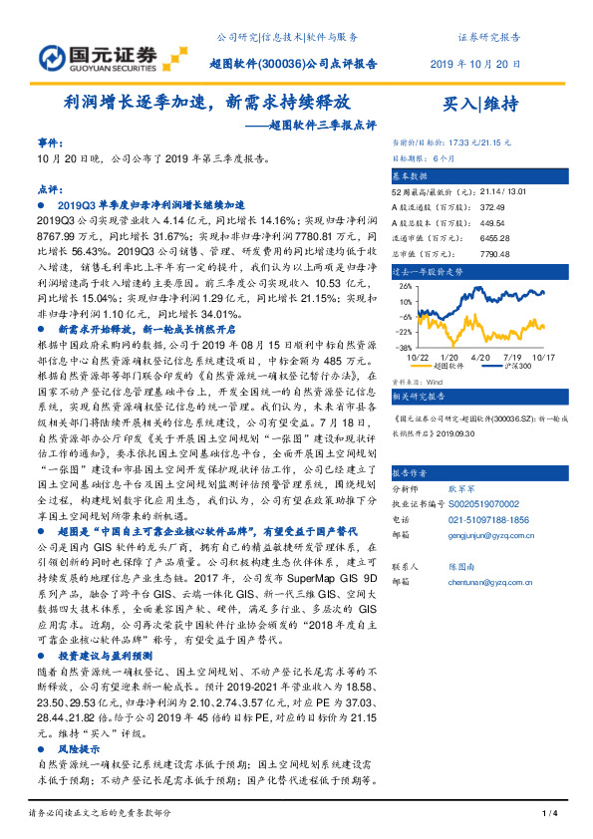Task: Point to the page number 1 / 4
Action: (548, 814)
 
